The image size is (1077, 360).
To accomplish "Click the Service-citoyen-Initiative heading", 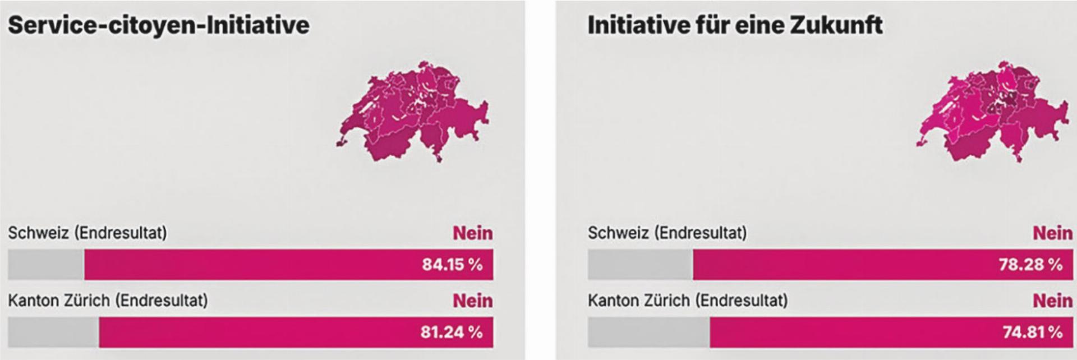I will (x=158, y=26).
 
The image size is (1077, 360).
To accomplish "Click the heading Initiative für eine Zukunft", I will (x=735, y=26).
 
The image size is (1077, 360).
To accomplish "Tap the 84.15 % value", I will (x=452, y=265).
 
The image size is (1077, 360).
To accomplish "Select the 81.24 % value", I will (x=452, y=332).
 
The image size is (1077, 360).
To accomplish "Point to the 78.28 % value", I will (x=1030, y=265).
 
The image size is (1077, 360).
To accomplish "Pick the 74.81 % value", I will (x=1032, y=332).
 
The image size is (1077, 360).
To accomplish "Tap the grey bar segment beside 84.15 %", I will (x=46, y=265).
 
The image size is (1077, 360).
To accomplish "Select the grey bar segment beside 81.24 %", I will (x=53, y=332).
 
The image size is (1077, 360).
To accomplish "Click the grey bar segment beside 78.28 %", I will (x=640, y=265).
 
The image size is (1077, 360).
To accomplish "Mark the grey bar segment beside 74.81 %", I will (x=648, y=332).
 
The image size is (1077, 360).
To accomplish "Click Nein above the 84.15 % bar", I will (x=473, y=233).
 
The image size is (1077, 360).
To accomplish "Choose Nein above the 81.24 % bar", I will (x=473, y=301).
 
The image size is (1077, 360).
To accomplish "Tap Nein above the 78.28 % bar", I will (x=1052, y=233).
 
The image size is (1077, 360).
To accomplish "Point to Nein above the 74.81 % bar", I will (x=1052, y=301).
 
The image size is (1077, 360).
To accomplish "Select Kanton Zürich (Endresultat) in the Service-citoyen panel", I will (x=108, y=301).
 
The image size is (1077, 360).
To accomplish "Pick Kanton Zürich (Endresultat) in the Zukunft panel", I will (x=688, y=301).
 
